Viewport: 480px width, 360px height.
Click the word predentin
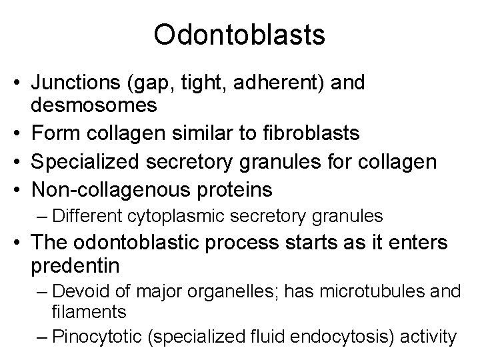pos(75,267)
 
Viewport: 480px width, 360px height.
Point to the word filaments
pos(82,311)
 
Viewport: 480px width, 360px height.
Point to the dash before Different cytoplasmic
pos(44,216)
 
